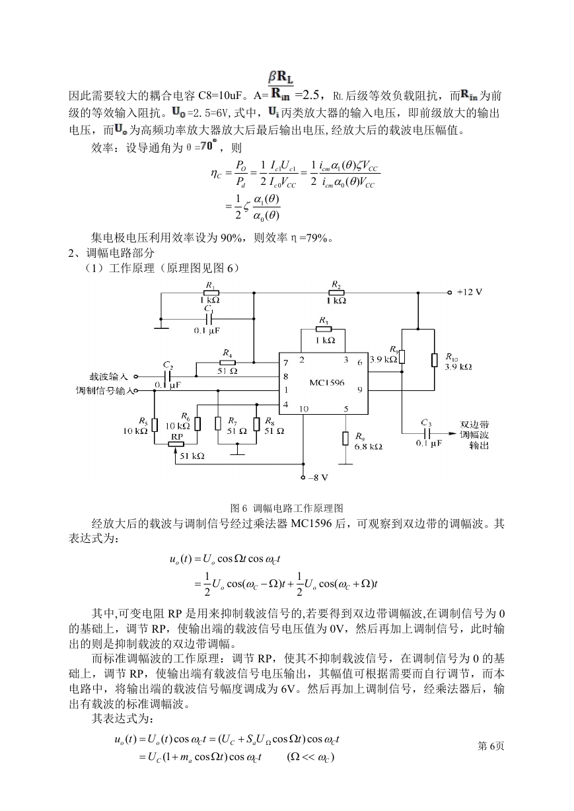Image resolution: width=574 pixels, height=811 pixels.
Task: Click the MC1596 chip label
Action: click(327, 382)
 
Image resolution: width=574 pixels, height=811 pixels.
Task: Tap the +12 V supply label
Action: click(470, 292)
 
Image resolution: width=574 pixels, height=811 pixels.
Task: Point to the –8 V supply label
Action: click(318, 477)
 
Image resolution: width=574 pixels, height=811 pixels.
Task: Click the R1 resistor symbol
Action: click(210, 293)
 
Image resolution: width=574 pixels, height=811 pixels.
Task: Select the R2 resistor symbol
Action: click(336, 293)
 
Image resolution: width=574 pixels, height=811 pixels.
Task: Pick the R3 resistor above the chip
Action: click(324, 329)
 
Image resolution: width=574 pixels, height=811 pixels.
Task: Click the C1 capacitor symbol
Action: click(208, 319)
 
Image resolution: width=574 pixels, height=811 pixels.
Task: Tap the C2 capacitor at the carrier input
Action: click(168, 376)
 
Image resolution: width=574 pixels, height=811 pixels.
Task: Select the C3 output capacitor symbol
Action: click(427, 433)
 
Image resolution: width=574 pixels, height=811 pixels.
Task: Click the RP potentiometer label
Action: click(177, 437)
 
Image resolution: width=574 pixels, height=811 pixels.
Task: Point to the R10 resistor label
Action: click(452, 357)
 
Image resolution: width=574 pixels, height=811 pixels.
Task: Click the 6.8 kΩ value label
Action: click(369, 446)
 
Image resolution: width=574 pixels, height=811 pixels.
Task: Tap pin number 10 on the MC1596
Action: click(303, 409)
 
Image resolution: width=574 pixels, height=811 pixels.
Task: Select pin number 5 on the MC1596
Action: click(346, 409)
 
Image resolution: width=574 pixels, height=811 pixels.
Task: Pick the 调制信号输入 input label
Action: click(104, 391)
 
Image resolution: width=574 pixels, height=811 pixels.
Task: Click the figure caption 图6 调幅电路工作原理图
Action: click(287, 509)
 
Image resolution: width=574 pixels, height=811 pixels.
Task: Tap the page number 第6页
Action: click(491, 746)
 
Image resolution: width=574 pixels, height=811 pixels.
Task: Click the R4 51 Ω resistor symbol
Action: click(227, 363)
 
